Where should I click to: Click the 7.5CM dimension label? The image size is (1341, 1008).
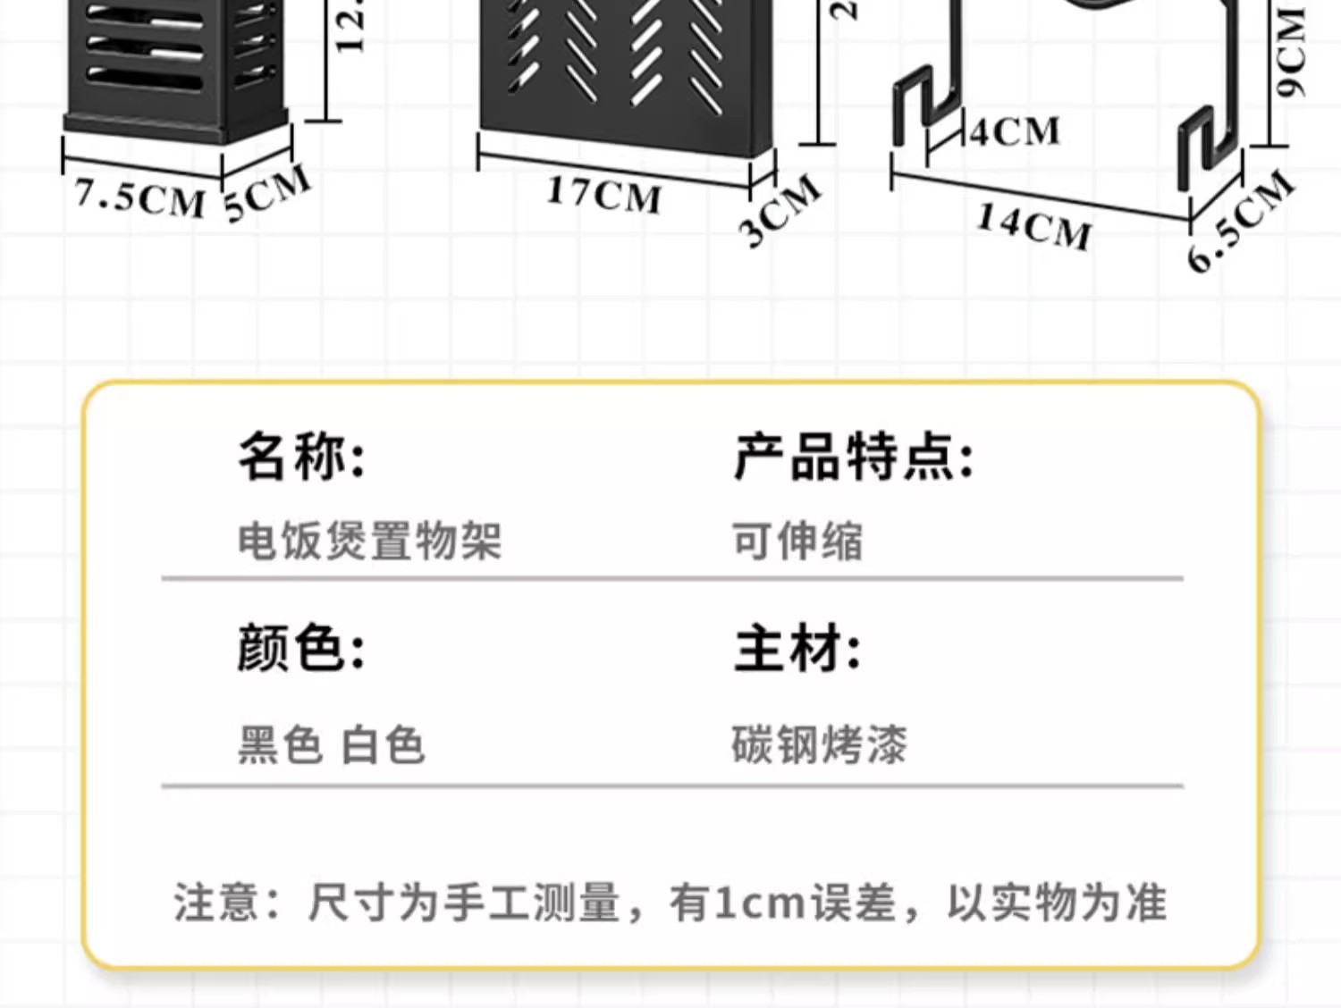(139, 197)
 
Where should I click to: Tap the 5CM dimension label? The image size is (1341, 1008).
(267, 192)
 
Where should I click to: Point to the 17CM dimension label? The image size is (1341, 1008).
(604, 194)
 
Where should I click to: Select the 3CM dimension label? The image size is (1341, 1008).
(780, 211)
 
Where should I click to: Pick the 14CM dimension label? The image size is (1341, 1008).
(1033, 226)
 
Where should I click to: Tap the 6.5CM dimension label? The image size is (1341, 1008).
(1241, 220)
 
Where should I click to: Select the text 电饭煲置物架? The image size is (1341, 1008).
(369, 542)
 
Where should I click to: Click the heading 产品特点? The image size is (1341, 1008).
(853, 457)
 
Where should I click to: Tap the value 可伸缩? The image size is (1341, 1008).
(797, 542)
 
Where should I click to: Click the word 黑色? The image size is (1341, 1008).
(280, 745)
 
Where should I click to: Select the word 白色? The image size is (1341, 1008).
(383, 745)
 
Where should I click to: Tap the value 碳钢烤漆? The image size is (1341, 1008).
(819, 745)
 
